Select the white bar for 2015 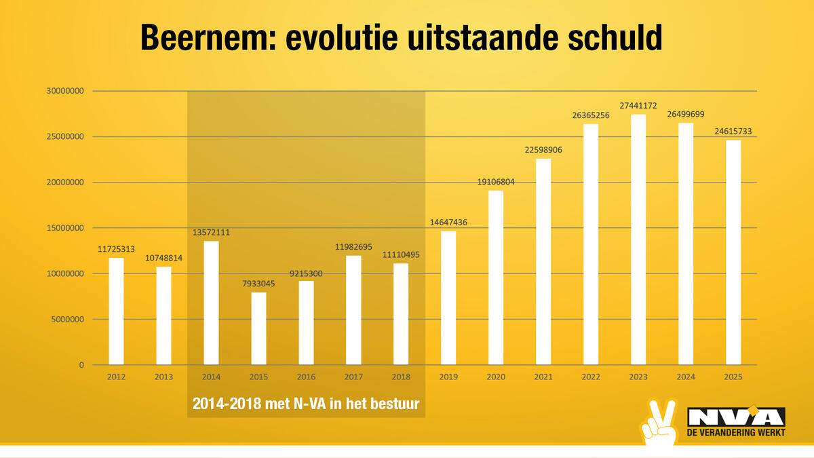[x=258, y=328]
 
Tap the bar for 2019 [x=448, y=298]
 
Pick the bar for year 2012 [x=116, y=311]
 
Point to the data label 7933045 [x=258, y=284]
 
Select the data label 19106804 [x=496, y=182]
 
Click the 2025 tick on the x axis [x=733, y=376]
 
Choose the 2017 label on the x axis [x=353, y=376]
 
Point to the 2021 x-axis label [x=543, y=376]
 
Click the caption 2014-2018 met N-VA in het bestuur [x=306, y=404]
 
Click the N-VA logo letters [x=736, y=417]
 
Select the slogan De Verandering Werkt [x=736, y=433]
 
